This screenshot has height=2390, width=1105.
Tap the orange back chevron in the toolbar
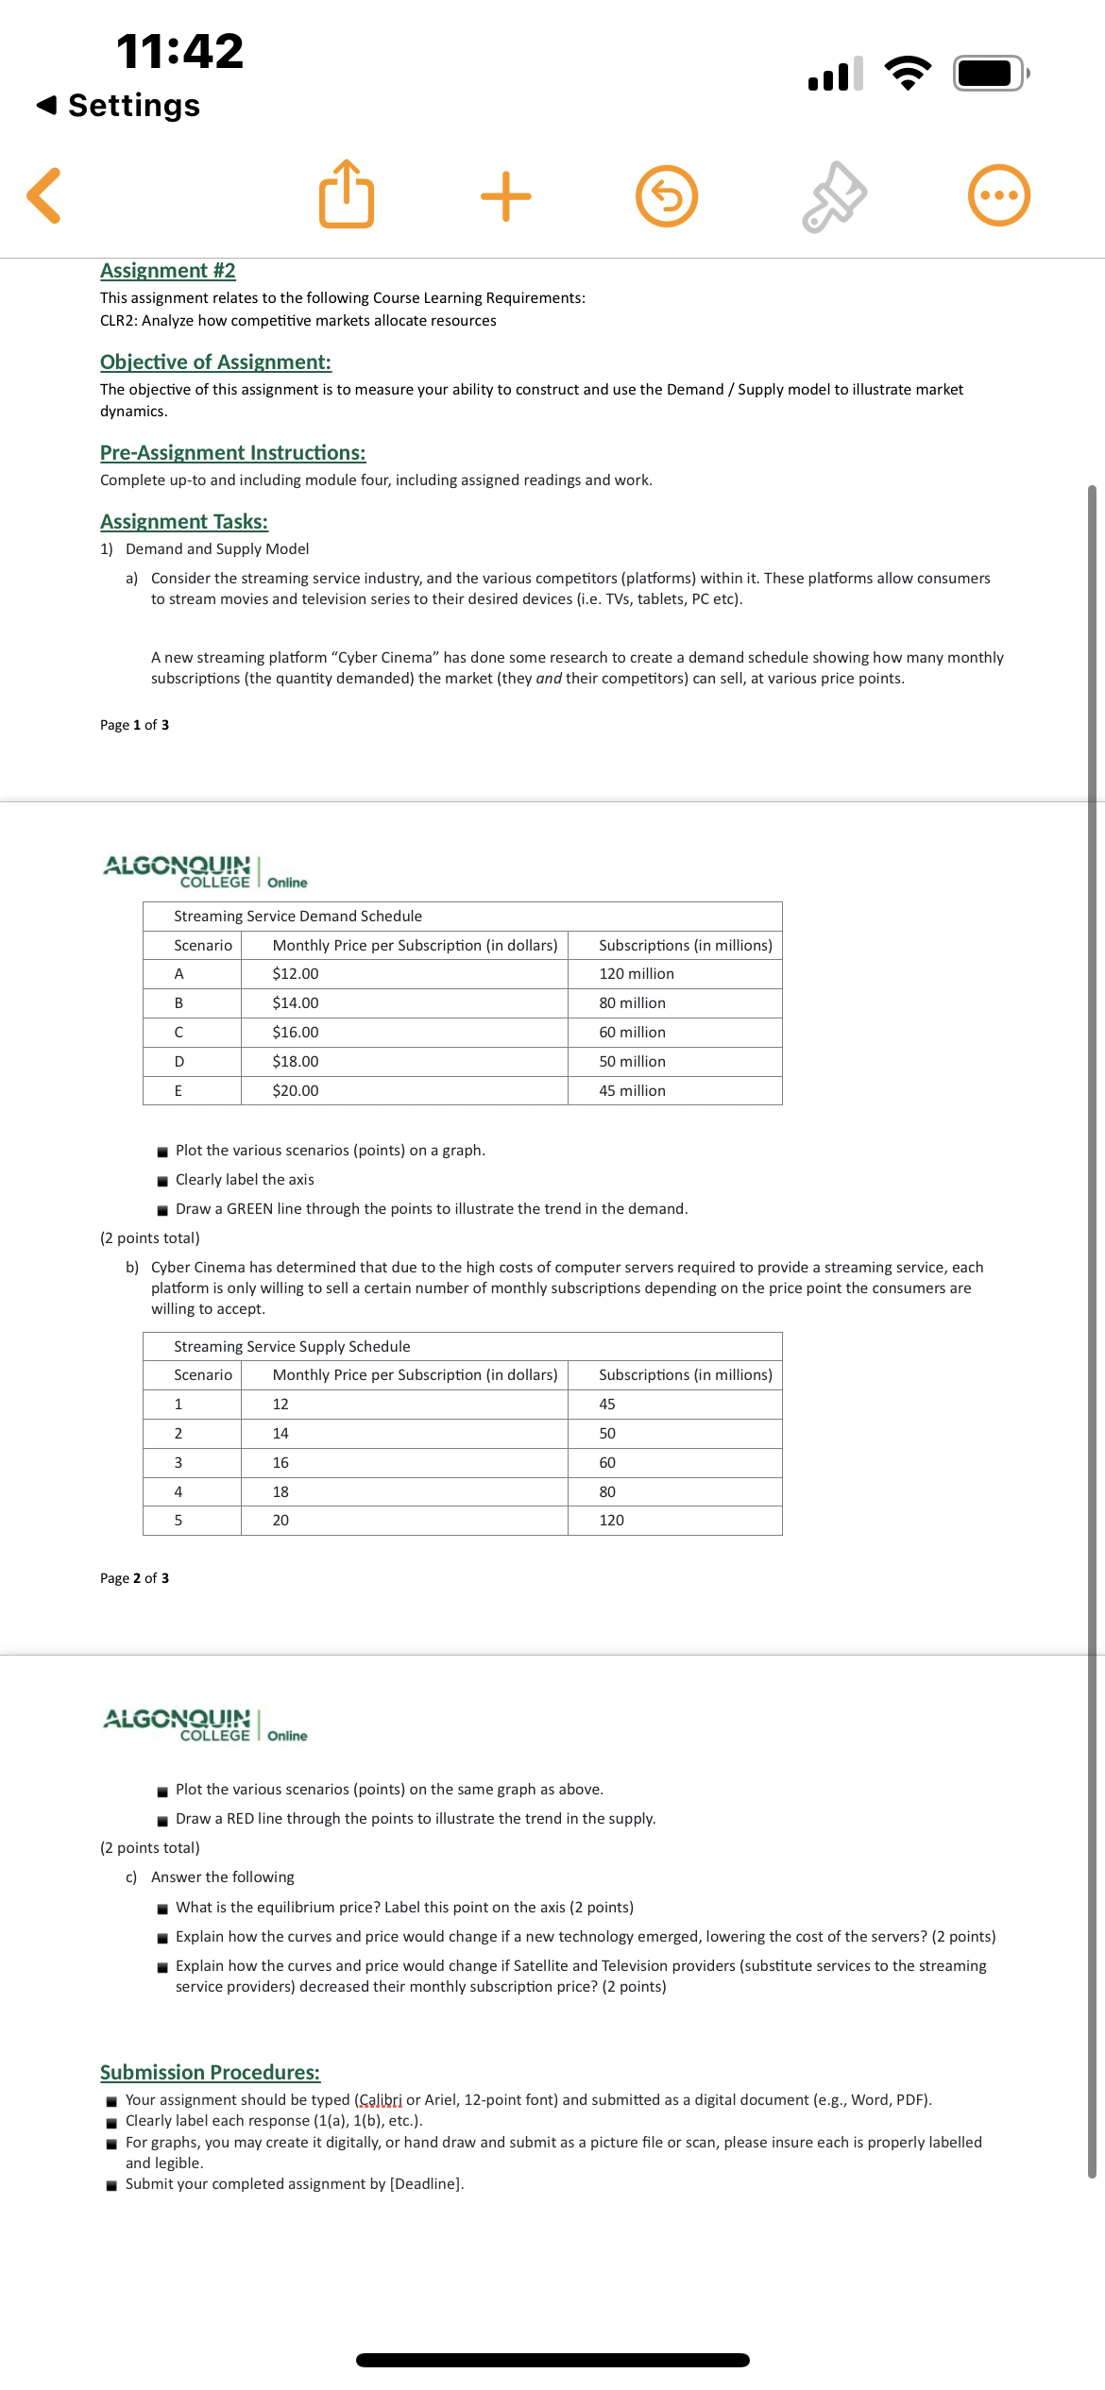tap(44, 195)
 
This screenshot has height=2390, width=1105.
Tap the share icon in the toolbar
tap(347, 194)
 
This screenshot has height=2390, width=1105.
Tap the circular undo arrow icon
tap(667, 196)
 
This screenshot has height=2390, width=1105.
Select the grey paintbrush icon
tap(834, 196)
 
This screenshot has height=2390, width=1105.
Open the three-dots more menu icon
tap(998, 195)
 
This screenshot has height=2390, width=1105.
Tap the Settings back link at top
tap(119, 105)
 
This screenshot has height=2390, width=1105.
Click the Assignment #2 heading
tap(168, 271)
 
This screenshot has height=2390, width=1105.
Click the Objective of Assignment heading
tap(215, 362)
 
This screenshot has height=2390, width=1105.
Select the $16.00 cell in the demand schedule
tap(296, 1032)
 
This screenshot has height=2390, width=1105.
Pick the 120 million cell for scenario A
tap(636, 973)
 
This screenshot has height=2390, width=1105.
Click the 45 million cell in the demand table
tap(632, 1090)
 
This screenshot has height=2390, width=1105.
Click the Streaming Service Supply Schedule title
tap(292, 1346)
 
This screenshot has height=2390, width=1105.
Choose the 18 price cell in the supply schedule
tap(280, 1491)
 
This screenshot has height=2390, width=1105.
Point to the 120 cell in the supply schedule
tap(611, 1520)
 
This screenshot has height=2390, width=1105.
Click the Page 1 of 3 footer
tap(135, 725)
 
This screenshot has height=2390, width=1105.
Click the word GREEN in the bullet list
tap(249, 1208)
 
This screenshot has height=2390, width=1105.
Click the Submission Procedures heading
tap(210, 2072)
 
